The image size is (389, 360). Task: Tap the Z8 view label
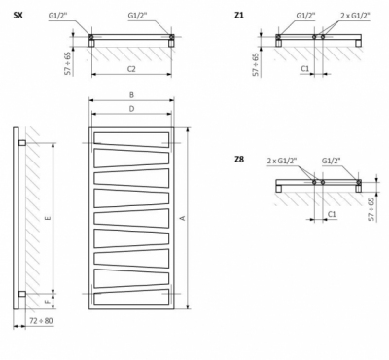coord(239,159)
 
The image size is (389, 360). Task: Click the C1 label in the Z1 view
coord(304,69)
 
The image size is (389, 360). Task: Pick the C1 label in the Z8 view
coord(333,212)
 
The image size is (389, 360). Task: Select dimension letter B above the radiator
coord(131,95)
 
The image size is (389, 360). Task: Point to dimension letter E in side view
coord(48,218)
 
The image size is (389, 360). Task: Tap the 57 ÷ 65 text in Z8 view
coord(371,207)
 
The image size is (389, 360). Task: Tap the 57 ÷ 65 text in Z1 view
coord(256,62)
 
